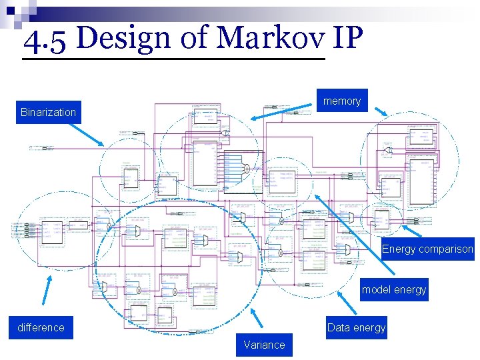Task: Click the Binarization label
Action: tap(48, 112)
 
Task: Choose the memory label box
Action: tap(342, 101)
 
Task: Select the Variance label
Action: tap(264, 345)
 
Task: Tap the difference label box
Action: tap(41, 327)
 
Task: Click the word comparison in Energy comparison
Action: tap(446, 249)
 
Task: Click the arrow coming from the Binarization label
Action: tap(90, 133)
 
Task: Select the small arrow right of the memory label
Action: tap(379, 113)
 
